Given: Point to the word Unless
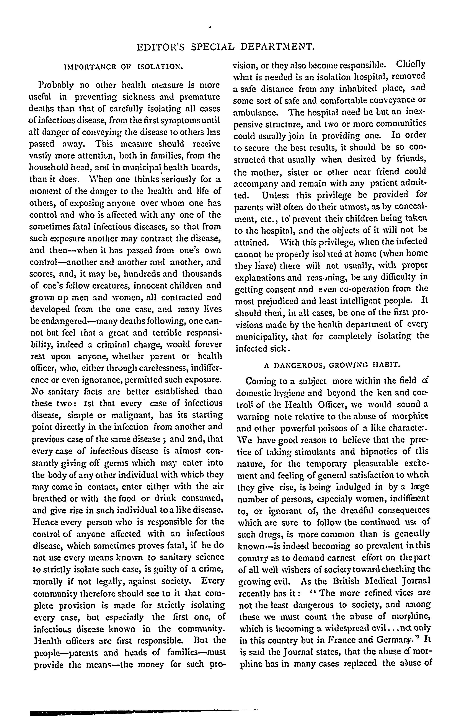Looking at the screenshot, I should point(275,195).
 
